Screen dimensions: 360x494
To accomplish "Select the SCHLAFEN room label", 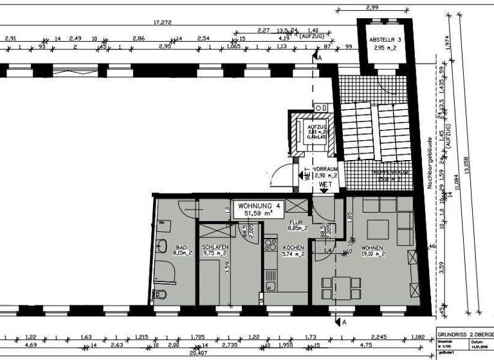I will point(214,249).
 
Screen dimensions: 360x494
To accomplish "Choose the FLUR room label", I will point(296,224).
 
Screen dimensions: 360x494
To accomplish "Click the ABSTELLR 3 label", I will point(385,43).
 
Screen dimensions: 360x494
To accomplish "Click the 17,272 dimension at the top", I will point(162,22).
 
